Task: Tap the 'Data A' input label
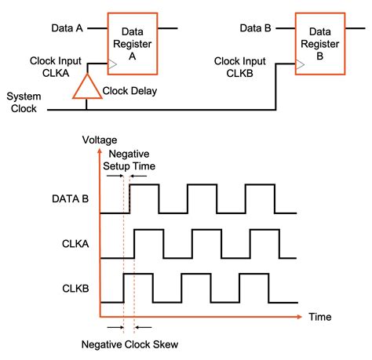point(67,28)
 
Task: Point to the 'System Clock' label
point(24,103)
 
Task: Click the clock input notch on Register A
point(113,64)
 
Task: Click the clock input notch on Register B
point(298,64)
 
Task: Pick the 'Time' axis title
point(319,317)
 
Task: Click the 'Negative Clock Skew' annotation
point(129,343)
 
